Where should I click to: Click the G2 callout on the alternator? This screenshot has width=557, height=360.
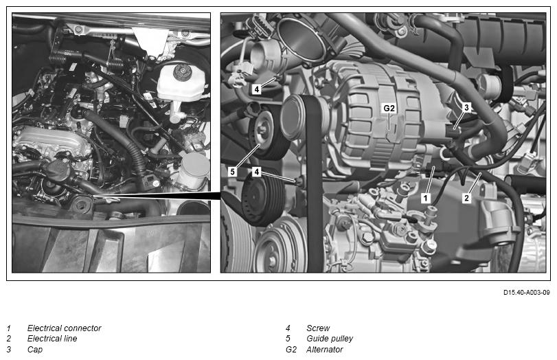pos(389,109)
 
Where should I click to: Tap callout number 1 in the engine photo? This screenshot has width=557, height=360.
pos(426,198)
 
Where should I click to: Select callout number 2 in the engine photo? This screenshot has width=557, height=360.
pos(467,198)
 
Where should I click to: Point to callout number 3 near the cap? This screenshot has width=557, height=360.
pos(466,107)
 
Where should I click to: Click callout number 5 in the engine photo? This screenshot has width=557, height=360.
pos(232,172)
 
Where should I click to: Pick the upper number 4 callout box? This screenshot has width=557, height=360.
pos(256,89)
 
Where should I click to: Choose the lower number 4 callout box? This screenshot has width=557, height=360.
pos(256,172)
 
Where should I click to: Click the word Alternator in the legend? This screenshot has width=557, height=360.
pos(324,349)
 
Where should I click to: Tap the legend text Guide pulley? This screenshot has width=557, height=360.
pos(330,338)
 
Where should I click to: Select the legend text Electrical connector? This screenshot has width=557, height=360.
pos(64,328)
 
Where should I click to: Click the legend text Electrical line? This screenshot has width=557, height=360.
pos(52,338)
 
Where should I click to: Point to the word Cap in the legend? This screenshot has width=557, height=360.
pos(35,350)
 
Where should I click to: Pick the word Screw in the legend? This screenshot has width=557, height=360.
pos(318,328)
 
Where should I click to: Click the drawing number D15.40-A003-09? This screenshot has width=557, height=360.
pos(527,293)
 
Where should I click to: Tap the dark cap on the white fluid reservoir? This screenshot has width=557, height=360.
pos(183,72)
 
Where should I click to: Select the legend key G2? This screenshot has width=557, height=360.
pos(291,349)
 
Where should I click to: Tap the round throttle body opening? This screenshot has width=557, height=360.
pos(302,39)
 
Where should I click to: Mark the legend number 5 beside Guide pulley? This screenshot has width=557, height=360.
pos(288,338)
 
